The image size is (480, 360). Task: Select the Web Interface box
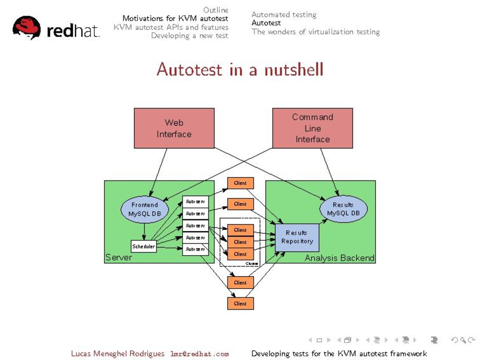pos(174,128)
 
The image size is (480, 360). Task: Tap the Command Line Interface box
pos(312,128)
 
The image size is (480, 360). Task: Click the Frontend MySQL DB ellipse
pos(144,209)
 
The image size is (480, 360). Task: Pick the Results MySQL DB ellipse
pos(343,209)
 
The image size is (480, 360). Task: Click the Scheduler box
pos(144,246)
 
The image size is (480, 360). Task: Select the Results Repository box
pos(297,237)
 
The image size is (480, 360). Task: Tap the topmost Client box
pos(240,183)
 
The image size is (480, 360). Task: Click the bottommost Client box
pos(240,304)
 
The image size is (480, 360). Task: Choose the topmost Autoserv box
pos(195,201)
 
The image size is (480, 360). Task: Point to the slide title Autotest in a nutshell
pos(240,69)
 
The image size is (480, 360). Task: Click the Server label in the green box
pos(118,258)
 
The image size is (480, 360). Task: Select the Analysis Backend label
pos(340,258)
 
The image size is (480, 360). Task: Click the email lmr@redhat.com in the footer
pos(199,354)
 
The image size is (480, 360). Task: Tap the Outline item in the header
pos(216,10)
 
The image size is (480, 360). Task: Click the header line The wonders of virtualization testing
pos(315,31)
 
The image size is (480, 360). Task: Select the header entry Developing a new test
pos(190,36)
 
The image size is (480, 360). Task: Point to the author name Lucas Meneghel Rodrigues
pos(118,353)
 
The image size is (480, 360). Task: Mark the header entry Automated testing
pos(284,14)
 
